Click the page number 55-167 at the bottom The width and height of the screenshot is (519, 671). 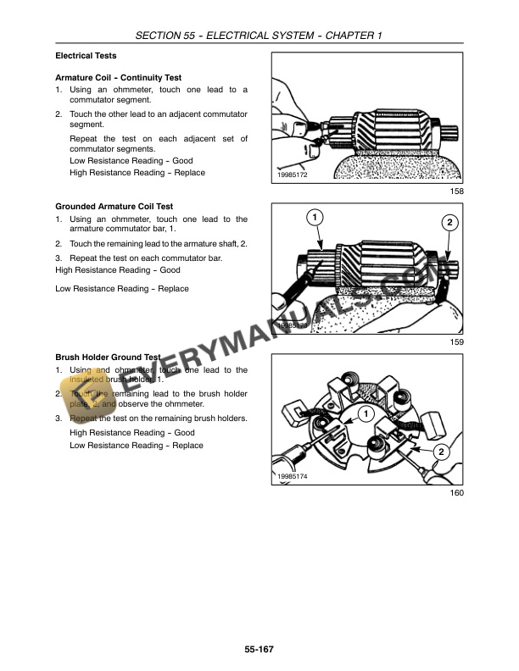coord(259,649)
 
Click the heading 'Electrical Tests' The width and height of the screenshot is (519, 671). coord(86,56)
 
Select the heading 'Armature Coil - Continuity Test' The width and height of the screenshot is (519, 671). coord(118,78)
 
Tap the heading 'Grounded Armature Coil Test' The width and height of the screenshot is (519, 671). coord(114,206)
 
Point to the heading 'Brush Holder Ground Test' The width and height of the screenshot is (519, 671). coord(108,358)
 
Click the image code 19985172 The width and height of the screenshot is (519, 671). coord(292,175)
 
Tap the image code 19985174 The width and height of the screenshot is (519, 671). coord(292,477)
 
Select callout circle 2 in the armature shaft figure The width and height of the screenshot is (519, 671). coord(449,223)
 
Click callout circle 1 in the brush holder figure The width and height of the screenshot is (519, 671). coord(365,413)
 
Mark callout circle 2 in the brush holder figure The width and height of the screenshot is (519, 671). coord(442,452)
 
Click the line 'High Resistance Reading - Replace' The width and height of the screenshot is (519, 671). coord(137,173)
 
